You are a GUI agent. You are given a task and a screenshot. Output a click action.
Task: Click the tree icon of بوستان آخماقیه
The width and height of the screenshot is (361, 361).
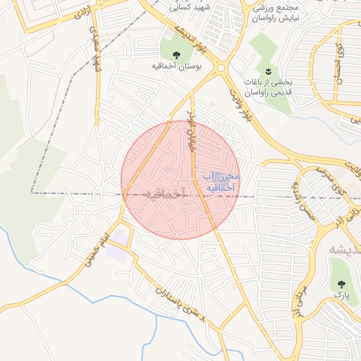[x=176, y=54]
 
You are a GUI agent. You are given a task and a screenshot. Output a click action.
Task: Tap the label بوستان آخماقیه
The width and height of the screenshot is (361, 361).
[x=177, y=67]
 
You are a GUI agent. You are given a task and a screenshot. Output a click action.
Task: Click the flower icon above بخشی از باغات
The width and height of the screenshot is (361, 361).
[x=268, y=72]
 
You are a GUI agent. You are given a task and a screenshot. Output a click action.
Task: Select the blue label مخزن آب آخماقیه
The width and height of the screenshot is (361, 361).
[x=221, y=181]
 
